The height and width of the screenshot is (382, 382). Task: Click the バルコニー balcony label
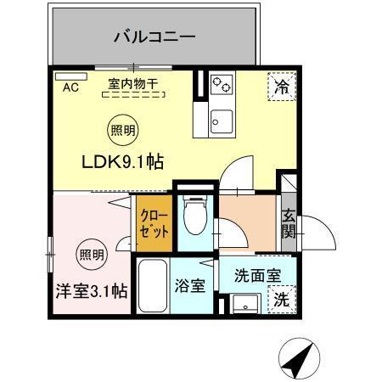pyautogui.click(x=154, y=37)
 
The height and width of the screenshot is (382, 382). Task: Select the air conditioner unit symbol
pyautogui.click(x=65, y=75)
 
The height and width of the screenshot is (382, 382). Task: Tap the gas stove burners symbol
pyautogui.click(x=222, y=83)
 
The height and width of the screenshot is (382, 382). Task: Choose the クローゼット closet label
pyautogui.click(x=154, y=223)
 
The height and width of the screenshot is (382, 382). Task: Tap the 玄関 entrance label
pyautogui.click(x=289, y=222)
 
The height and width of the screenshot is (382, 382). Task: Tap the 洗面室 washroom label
pyautogui.click(x=257, y=275)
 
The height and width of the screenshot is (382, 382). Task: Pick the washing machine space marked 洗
pyautogui.click(x=280, y=300)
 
